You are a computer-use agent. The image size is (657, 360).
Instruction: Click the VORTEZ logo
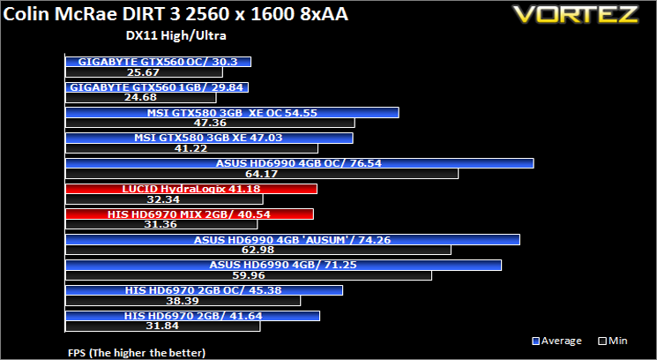pyautogui.click(x=576, y=14)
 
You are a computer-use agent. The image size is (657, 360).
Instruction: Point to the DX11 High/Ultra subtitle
pyautogui.click(x=176, y=35)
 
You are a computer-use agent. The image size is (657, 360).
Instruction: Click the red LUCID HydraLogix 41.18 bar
pyautogui.click(x=191, y=189)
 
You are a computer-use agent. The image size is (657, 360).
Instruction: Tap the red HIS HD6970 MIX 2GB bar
pyautogui.click(x=190, y=214)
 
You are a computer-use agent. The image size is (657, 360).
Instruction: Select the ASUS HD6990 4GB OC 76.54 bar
pyautogui.click(x=300, y=163)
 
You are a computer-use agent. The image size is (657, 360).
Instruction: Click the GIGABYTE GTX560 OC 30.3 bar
pyautogui.click(x=159, y=62)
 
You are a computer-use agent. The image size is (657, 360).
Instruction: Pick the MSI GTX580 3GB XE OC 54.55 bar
pyautogui.click(x=232, y=113)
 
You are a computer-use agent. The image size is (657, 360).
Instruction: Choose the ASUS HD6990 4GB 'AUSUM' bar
pyautogui.click(x=293, y=240)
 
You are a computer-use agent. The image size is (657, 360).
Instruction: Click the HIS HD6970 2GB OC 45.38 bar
pyautogui.click(x=204, y=290)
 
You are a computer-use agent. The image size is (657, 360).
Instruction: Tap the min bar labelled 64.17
pyautogui.click(x=262, y=174)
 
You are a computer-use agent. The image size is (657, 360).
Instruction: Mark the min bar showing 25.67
pyautogui.click(x=144, y=72)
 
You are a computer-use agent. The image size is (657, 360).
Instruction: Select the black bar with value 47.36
pyautogui.click(x=211, y=123)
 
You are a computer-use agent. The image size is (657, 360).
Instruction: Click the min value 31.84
pyautogui.click(x=162, y=326)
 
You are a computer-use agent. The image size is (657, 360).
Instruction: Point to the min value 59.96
pyautogui.click(x=249, y=275)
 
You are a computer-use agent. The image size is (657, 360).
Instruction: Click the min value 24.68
pyautogui.click(x=140, y=98)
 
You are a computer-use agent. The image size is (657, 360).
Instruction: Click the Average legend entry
pyautogui.click(x=556, y=341)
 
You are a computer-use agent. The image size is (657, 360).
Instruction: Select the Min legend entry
pyautogui.click(x=614, y=341)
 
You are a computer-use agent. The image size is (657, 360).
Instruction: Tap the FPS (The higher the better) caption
pyautogui.click(x=137, y=352)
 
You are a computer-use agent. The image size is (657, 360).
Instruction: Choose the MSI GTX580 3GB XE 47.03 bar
pyautogui.click(x=209, y=139)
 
